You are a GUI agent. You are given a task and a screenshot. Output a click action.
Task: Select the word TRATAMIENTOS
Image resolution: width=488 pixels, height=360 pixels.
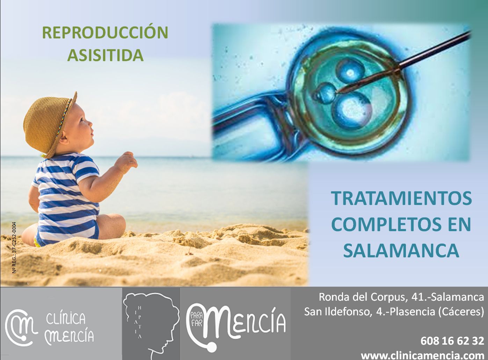tap(401, 198)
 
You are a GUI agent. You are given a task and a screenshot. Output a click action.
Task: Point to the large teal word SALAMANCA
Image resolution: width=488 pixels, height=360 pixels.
tap(401, 250)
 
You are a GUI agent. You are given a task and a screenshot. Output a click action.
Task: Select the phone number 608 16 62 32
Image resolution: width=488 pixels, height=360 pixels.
tap(452, 341)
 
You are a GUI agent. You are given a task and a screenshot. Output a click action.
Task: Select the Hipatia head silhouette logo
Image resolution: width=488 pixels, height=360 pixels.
tap(151, 323)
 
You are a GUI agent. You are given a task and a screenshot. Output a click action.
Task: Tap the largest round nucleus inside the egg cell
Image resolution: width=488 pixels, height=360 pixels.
tap(353, 111)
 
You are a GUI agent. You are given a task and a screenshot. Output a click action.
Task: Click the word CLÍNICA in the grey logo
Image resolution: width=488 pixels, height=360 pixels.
tap(66, 318)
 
